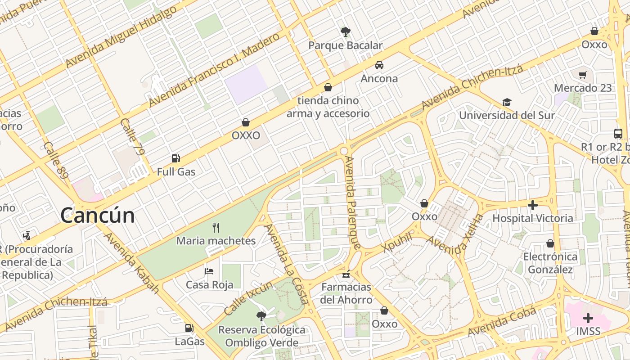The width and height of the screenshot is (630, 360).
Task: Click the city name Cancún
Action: [x=98, y=215]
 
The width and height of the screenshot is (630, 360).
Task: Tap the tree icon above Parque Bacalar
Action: [x=346, y=32]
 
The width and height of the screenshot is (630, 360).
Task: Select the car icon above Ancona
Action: [x=379, y=65]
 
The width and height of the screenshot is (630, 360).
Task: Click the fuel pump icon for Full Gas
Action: [x=176, y=158]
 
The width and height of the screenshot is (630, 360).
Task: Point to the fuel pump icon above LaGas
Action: [x=189, y=328]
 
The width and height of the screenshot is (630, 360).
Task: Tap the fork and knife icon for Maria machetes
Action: [x=216, y=227]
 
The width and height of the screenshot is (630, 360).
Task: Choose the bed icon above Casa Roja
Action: [x=209, y=271]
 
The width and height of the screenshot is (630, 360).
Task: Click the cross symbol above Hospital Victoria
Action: [x=533, y=205]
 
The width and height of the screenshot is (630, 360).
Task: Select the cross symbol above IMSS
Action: [x=588, y=318]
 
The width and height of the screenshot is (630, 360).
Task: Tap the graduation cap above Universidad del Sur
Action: [x=507, y=102]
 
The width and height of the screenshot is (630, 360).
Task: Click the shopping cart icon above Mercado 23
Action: [x=583, y=75]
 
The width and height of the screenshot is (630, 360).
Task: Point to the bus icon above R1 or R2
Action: [x=618, y=134]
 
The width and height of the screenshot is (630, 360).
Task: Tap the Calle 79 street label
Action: [x=133, y=137]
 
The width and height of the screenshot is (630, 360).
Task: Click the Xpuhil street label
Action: [x=396, y=243]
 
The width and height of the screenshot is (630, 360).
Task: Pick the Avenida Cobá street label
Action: [x=502, y=322]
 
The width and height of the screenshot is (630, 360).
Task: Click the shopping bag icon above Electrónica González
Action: [x=550, y=243]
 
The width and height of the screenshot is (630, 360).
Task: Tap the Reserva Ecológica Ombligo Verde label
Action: [x=261, y=336]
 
